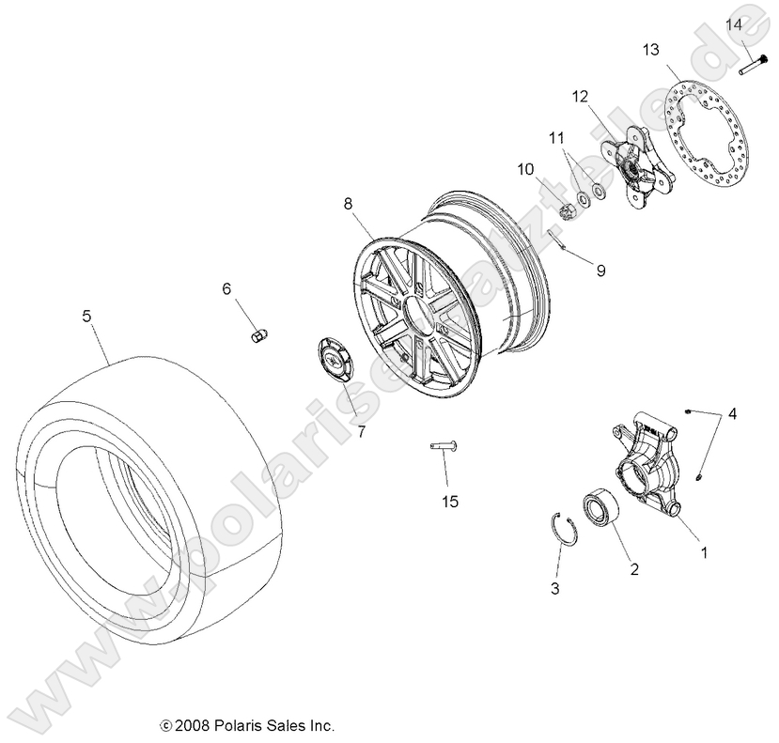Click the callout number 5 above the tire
[86, 317]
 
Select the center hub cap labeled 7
[332, 360]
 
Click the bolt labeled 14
[751, 66]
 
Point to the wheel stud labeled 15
[442, 446]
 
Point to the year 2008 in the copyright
[191, 725]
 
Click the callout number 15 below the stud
[450, 502]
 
